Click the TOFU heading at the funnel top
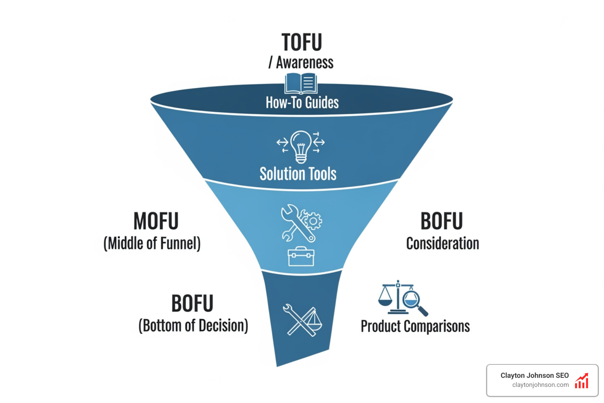tap(302, 43)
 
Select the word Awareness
tap(304, 63)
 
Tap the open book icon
tap(301, 83)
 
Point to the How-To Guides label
tap(302, 103)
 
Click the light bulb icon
tap(301, 146)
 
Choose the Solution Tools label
tap(298, 174)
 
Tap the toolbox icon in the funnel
tap(301, 257)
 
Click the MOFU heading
tap(156, 221)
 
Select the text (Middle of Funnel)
tap(152, 244)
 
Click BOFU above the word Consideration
tap(442, 221)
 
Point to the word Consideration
tap(443, 244)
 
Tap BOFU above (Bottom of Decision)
tap(192, 303)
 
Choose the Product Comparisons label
tap(415, 326)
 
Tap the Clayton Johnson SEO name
tap(534, 375)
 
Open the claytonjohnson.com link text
tap(540, 385)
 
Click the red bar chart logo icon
tap(582, 381)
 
